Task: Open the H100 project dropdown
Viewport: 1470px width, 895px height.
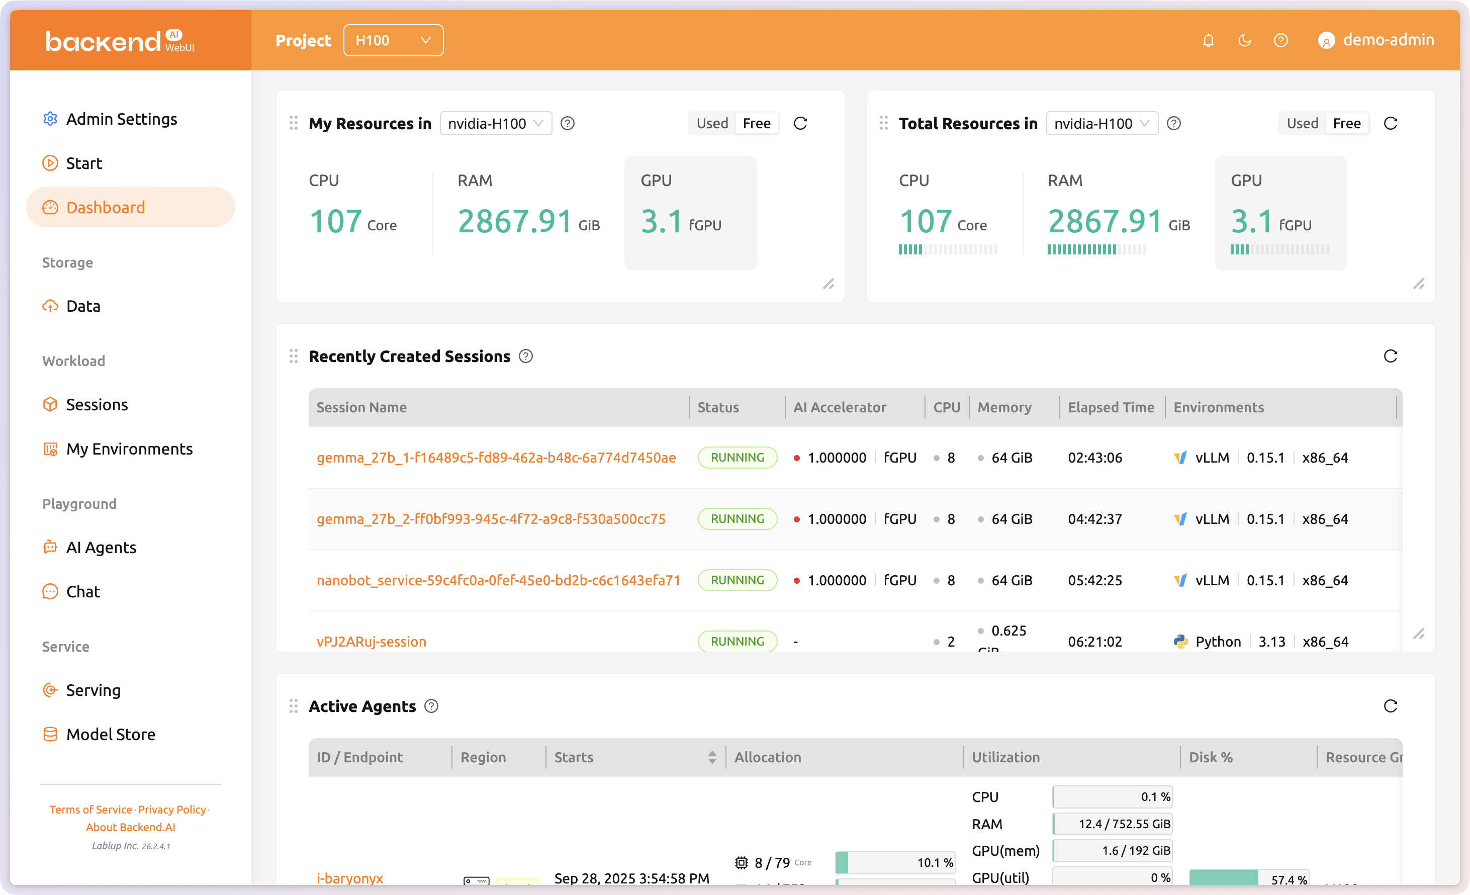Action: click(x=393, y=41)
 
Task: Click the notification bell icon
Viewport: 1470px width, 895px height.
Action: click(x=1208, y=41)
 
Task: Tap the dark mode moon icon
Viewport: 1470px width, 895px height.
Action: click(x=1244, y=41)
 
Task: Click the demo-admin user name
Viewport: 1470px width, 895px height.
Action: click(x=1388, y=40)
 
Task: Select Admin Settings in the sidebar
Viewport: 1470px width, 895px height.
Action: click(x=121, y=119)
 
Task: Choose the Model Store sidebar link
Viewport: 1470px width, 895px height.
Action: click(x=111, y=734)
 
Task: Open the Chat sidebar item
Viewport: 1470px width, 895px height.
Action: click(x=83, y=591)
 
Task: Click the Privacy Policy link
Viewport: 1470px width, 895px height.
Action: click(x=172, y=809)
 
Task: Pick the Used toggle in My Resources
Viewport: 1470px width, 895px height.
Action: click(x=712, y=124)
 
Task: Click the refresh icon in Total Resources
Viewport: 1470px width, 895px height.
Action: click(x=1390, y=124)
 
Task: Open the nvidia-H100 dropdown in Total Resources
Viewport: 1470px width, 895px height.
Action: click(x=1101, y=124)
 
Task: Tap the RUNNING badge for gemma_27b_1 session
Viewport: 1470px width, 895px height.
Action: click(x=737, y=458)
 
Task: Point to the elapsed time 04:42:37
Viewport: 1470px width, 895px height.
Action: click(x=1095, y=519)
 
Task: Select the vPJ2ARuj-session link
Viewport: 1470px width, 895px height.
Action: click(x=371, y=642)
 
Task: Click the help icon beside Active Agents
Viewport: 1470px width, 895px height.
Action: click(x=431, y=706)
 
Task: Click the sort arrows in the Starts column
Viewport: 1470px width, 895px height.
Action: click(x=712, y=757)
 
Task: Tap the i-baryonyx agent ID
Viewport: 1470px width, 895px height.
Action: click(x=349, y=878)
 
